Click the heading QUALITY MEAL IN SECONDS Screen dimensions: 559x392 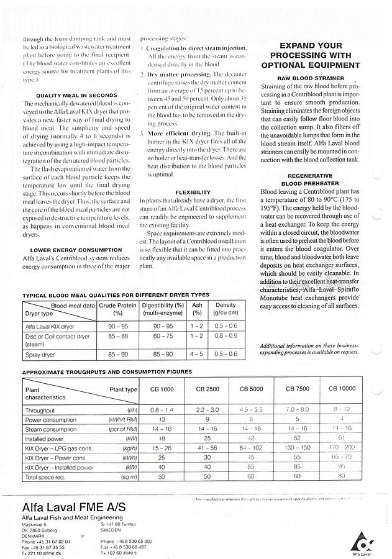click(x=76, y=95)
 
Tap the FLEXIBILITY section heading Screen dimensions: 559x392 click(x=193, y=193)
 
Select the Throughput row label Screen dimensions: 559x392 click(x=40, y=411)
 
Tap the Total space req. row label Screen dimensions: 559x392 click(x=45, y=478)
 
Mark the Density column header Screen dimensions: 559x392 click(x=226, y=309)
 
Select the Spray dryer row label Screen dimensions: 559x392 click(x=40, y=354)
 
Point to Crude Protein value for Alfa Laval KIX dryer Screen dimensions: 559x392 click(x=118, y=325)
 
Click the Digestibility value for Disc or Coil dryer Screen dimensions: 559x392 click(x=162, y=336)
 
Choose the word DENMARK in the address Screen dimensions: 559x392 click(x=35, y=535)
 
